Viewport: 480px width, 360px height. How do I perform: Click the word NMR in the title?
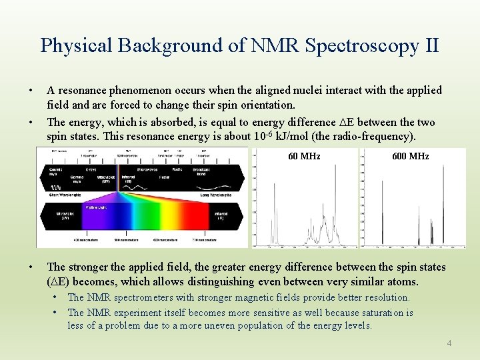coord(271,45)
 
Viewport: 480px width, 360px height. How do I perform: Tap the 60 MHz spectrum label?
coord(304,156)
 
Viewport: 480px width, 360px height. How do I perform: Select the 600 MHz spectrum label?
coord(410,156)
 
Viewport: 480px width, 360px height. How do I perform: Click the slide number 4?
coord(449,343)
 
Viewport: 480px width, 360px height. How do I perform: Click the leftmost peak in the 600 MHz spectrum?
coord(387,233)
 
